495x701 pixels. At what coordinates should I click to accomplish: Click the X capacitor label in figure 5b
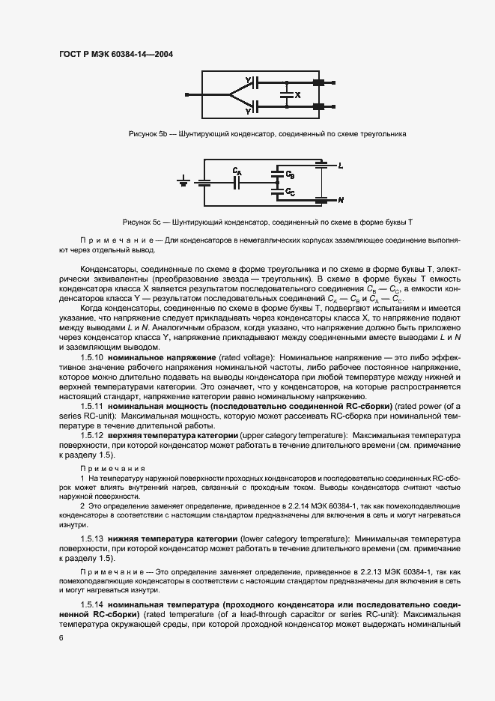(297, 95)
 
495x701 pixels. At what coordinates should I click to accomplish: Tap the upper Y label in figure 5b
(247, 80)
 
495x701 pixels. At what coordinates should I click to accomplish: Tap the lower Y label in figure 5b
(247, 111)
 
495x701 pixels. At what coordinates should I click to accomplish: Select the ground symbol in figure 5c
(183, 180)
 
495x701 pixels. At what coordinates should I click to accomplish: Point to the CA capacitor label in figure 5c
(237, 171)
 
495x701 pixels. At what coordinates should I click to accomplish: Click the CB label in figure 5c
(290, 175)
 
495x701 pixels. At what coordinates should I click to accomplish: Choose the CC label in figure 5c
(290, 192)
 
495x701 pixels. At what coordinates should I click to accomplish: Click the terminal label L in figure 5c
(340, 165)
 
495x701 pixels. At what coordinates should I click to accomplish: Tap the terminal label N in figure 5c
(340, 201)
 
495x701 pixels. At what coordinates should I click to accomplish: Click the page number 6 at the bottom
(61, 637)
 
